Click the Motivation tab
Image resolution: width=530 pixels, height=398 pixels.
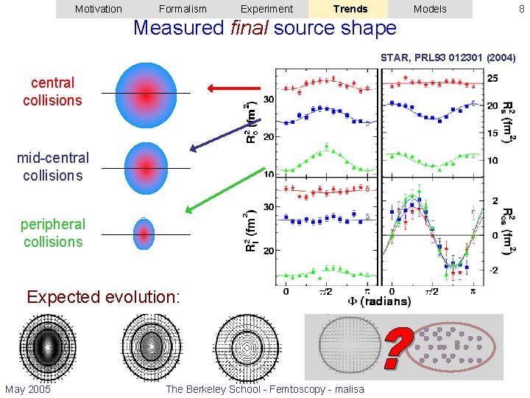point(99,9)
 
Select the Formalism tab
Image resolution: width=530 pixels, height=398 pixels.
point(183,9)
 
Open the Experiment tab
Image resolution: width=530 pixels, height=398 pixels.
point(266,9)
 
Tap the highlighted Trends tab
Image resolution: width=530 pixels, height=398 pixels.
point(350,9)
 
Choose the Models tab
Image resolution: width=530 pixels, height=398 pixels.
point(430,9)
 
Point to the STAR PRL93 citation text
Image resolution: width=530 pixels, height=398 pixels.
point(448,57)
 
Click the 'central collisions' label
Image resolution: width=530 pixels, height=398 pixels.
point(52,91)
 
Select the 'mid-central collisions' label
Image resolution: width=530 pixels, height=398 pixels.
point(52,167)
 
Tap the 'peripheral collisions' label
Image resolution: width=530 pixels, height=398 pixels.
point(52,233)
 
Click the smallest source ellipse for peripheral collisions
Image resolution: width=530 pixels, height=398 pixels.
point(144,234)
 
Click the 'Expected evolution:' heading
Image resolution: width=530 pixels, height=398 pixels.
point(103,297)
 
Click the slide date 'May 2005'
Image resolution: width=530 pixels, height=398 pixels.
point(28,389)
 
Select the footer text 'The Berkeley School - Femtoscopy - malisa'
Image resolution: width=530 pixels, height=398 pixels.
point(265,389)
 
